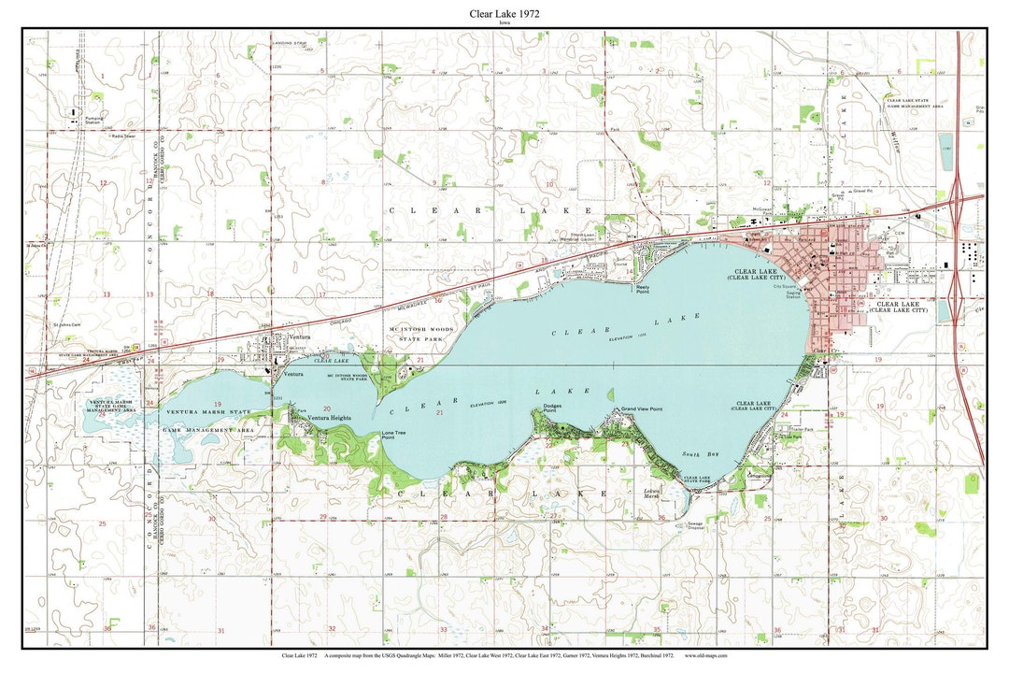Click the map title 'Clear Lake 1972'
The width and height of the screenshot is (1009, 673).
pyautogui.click(x=504, y=15)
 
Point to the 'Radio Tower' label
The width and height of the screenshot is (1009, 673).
pyautogui.click(x=123, y=136)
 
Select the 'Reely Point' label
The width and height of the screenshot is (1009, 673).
pyautogui.click(x=643, y=288)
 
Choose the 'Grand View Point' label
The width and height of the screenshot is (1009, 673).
pyautogui.click(x=642, y=409)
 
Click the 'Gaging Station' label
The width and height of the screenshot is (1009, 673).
pyautogui.click(x=792, y=294)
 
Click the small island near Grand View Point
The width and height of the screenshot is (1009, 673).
pyautogui.click(x=611, y=394)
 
